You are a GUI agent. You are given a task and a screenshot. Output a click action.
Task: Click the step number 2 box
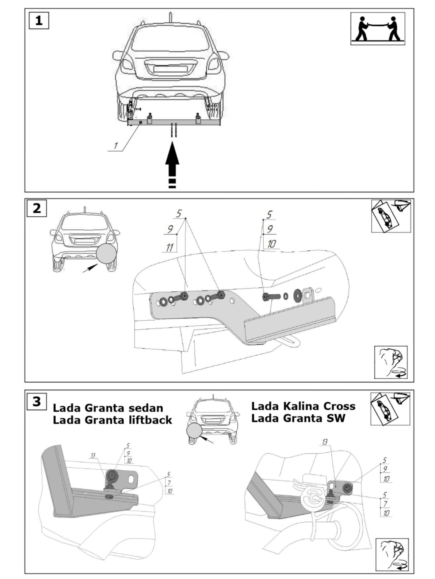pos(37,209)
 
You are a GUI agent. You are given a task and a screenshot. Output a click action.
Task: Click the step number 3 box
pos(37,401)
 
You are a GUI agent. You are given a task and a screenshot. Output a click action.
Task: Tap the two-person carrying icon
pos(377,28)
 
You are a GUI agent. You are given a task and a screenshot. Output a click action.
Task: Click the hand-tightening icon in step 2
pos(391,362)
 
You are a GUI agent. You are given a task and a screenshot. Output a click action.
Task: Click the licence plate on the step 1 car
pos(170,69)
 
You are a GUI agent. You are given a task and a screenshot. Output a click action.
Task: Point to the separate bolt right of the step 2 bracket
pos(271,297)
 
